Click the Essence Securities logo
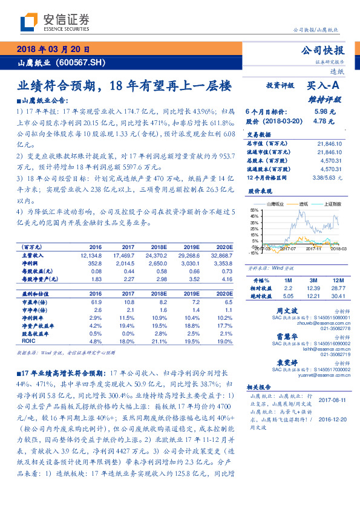54,22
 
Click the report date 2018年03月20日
53,50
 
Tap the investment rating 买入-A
323,86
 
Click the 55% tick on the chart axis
253,209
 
